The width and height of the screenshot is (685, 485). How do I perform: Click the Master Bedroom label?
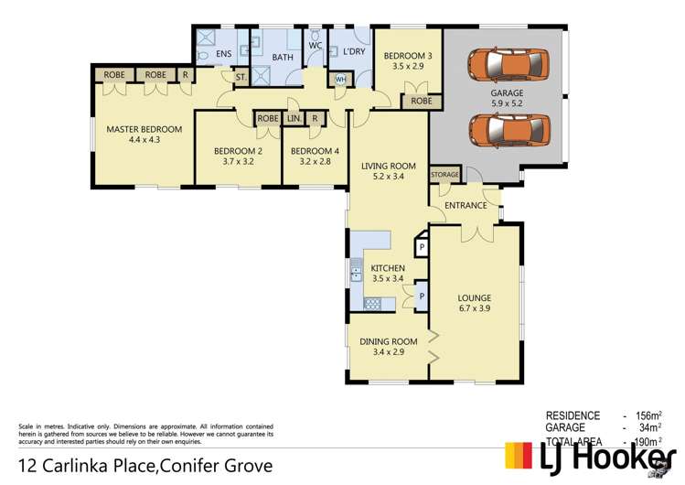[x=144, y=129]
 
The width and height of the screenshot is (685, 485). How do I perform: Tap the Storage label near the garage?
[x=444, y=174]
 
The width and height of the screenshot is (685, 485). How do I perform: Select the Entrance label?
[x=466, y=205]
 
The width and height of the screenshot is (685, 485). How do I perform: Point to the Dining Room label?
[x=389, y=341]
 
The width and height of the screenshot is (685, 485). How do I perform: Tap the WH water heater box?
[x=341, y=80]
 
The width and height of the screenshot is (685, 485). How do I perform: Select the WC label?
[x=315, y=45]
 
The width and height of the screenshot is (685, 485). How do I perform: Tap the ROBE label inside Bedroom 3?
[x=421, y=101]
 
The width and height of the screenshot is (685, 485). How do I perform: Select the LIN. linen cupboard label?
[x=294, y=118]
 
